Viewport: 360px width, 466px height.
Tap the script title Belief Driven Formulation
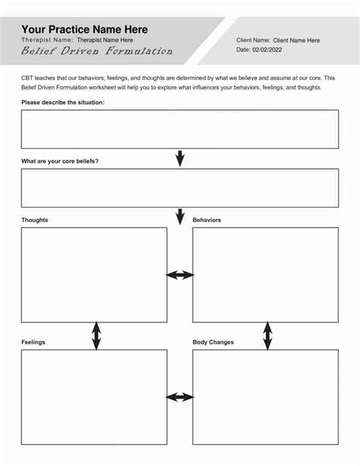97,52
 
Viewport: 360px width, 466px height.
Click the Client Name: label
253,40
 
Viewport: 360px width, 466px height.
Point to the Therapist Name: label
47,40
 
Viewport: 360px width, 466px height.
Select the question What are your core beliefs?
60,161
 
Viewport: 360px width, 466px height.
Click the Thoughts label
35,220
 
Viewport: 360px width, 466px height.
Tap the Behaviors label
207,220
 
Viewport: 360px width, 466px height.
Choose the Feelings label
33,342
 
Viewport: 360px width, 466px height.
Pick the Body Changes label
213,342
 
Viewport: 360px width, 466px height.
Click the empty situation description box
180,129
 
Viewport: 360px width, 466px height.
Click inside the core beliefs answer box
180,188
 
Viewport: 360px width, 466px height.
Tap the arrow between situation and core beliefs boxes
180,158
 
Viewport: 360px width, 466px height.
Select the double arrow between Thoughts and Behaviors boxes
180,275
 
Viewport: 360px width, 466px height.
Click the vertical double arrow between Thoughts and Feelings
96,335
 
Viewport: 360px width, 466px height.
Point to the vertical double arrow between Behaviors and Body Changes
267,335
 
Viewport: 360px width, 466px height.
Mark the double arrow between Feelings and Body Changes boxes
180,397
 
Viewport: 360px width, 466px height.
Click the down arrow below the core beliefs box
180,217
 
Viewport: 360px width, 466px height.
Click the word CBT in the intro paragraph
28,78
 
